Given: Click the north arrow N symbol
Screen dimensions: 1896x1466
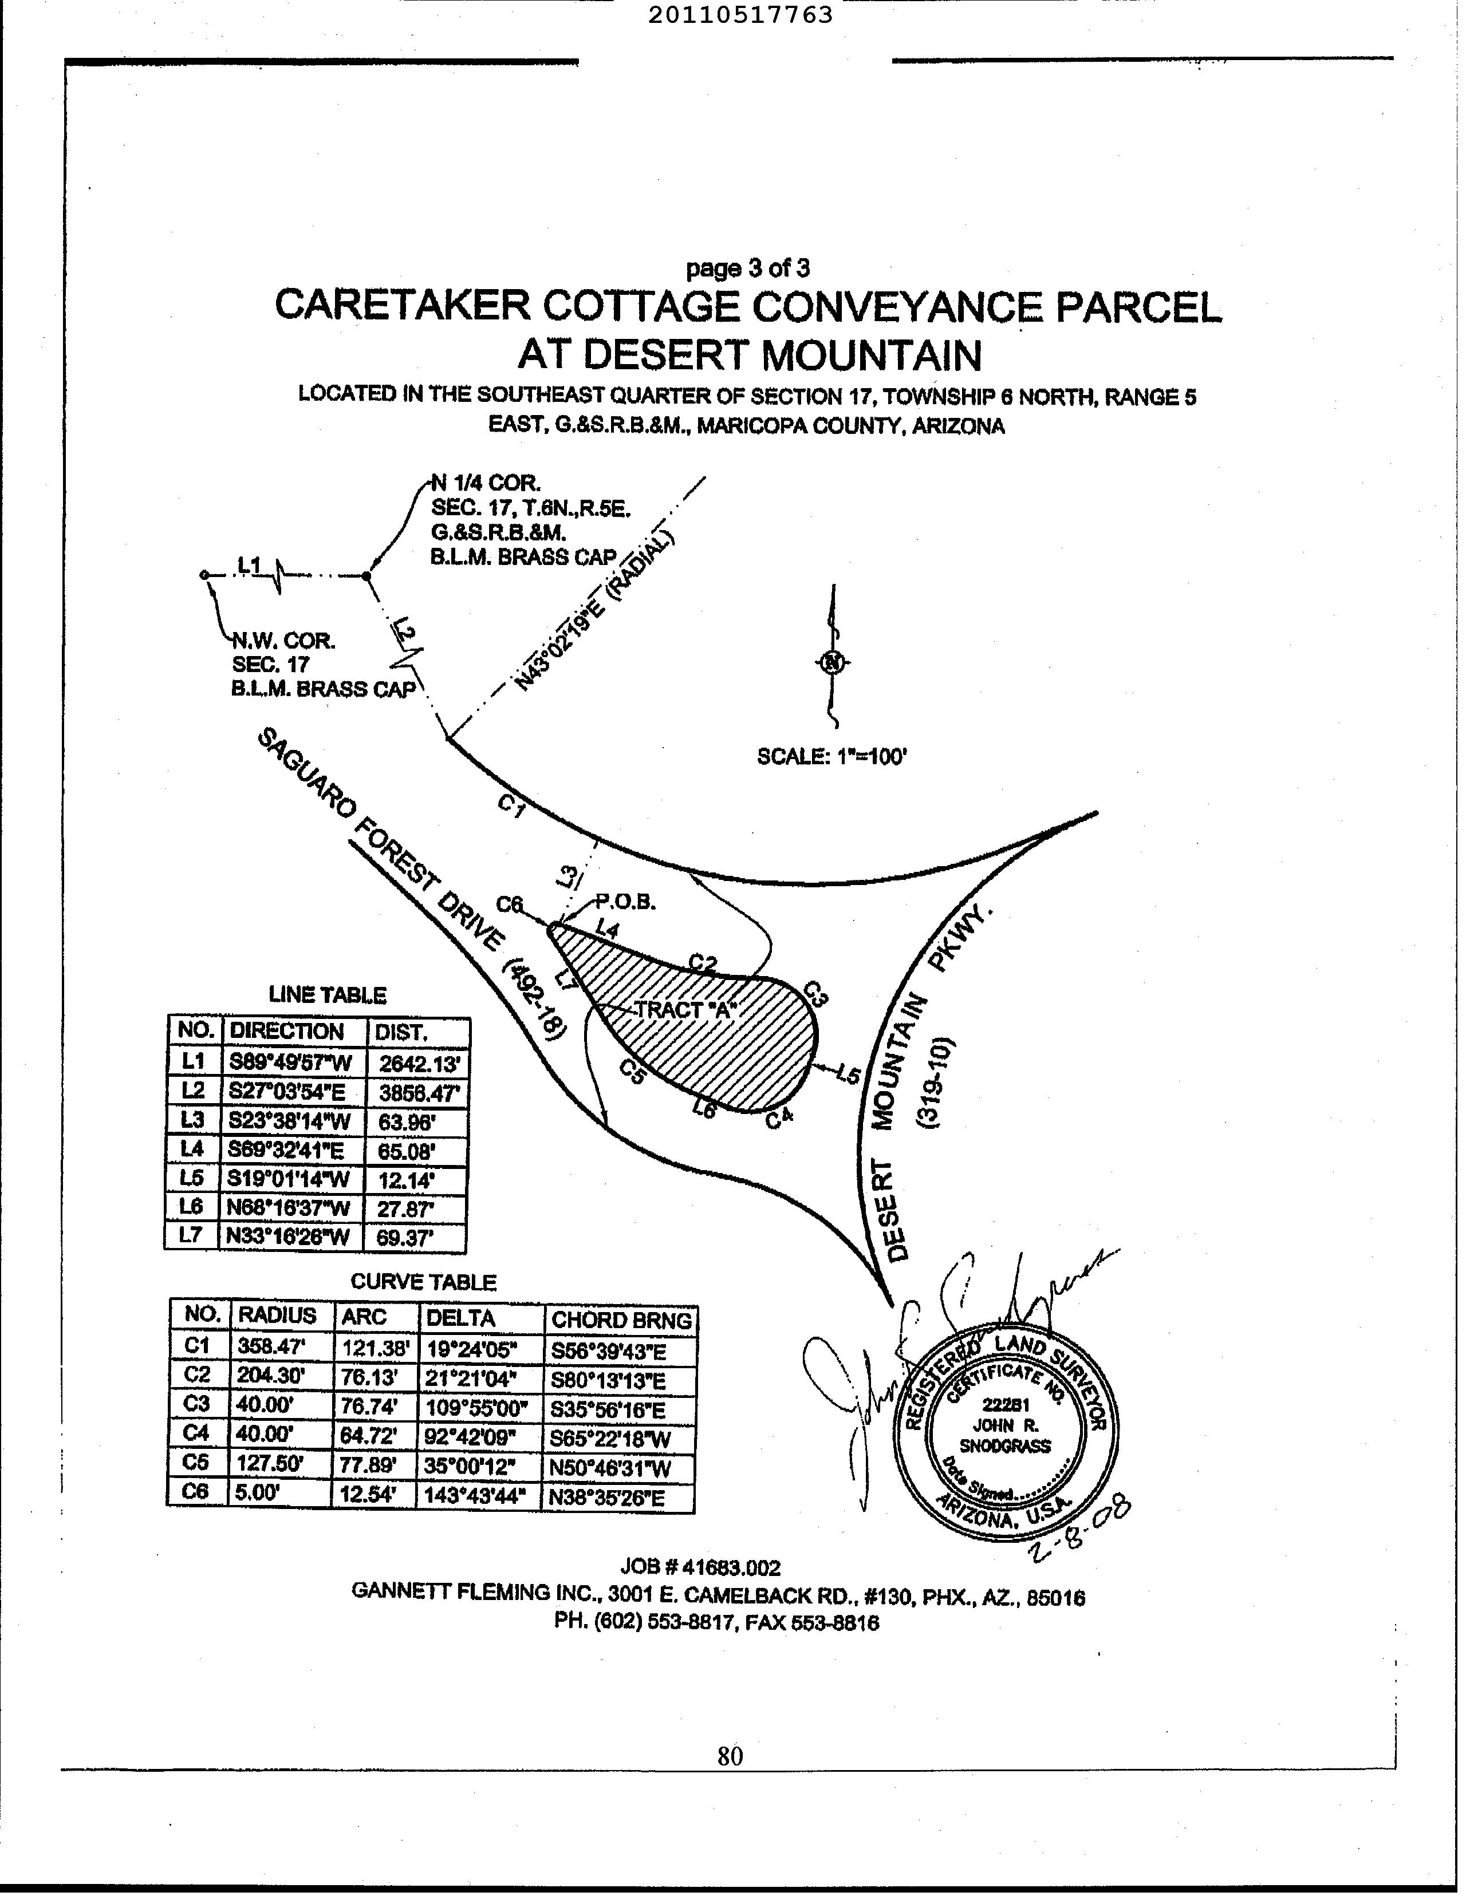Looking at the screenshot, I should [833, 662].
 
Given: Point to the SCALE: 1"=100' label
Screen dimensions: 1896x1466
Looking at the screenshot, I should [832, 756].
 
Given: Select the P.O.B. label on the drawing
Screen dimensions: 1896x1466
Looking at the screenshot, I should [624, 902].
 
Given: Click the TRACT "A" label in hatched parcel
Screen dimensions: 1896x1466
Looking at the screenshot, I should [685, 1010].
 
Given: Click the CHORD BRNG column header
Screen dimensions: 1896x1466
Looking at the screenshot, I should [621, 1321].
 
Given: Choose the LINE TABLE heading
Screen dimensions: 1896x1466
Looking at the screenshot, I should [328, 995].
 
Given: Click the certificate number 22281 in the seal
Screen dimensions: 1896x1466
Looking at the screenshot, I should [1006, 1405].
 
